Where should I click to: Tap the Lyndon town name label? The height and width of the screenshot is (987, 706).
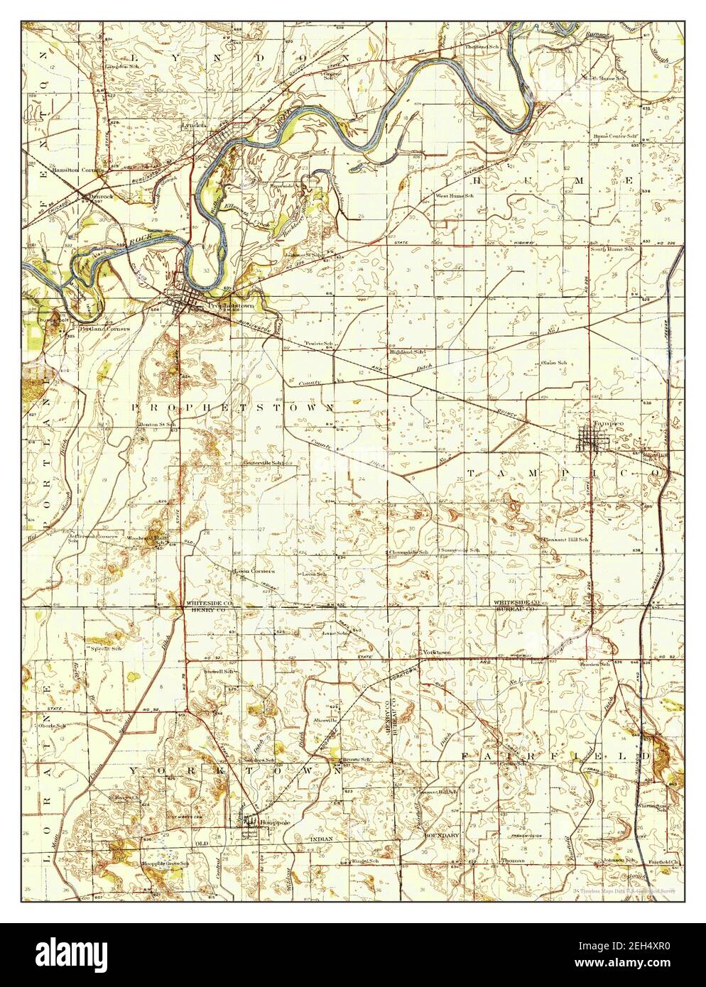click(x=193, y=125)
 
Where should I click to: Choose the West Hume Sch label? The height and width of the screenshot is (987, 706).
click(x=455, y=196)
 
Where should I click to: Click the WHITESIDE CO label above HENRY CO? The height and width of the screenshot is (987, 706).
click(x=205, y=603)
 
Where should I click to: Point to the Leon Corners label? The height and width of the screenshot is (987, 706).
click(x=249, y=570)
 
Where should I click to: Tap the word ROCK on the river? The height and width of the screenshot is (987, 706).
click(x=135, y=241)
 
